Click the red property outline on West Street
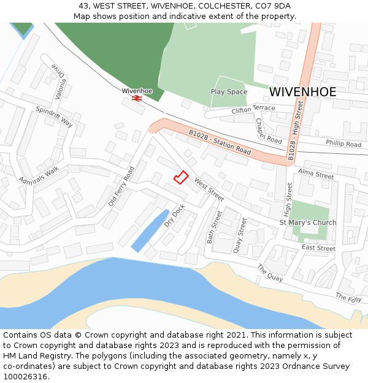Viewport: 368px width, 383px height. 180,177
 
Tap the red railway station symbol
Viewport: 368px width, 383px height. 137,97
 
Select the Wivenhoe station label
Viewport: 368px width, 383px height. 137,91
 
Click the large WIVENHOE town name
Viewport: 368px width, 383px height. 302,92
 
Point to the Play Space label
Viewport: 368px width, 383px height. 229,92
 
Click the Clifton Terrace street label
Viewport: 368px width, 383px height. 253,109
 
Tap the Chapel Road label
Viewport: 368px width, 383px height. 269,131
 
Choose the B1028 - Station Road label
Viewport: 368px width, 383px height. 220,142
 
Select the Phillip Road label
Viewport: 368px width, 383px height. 343,144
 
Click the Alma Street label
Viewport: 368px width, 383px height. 316,175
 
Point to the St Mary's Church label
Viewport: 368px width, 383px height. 308,222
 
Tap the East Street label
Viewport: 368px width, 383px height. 318,248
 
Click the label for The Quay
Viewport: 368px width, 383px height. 270,273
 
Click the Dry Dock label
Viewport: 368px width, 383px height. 174,216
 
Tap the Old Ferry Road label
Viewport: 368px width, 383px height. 121,186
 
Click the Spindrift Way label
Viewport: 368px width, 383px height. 54,116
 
